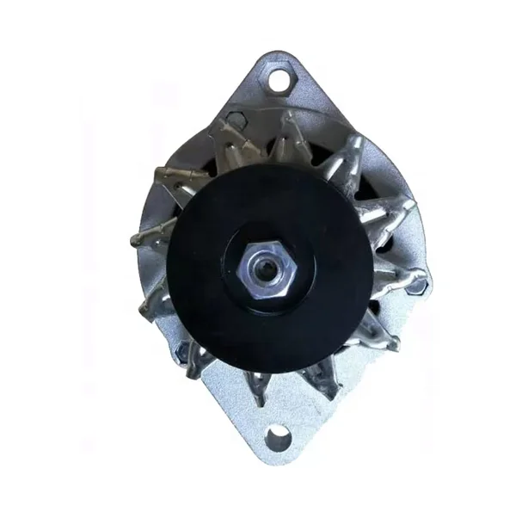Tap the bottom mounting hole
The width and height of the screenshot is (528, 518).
click(277, 440)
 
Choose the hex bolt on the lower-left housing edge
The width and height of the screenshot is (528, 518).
click(183, 351)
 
